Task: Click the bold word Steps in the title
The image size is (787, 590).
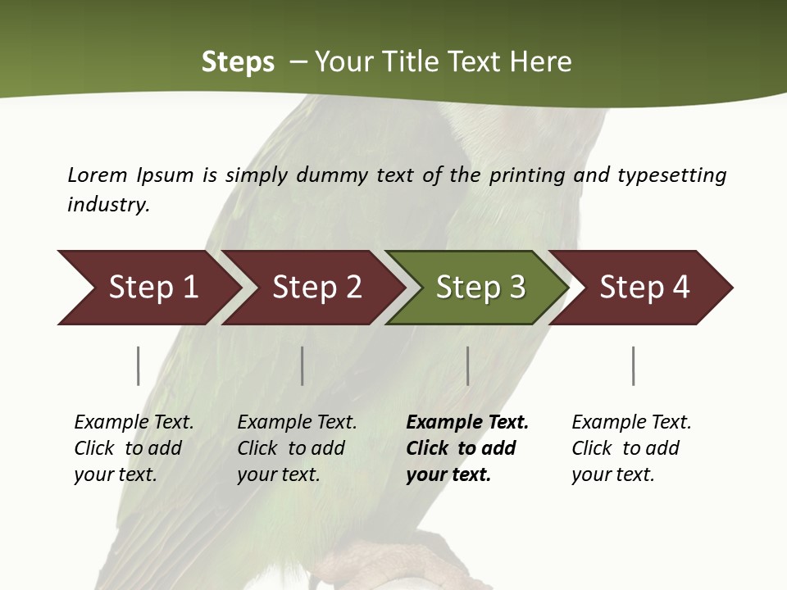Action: pos(238,62)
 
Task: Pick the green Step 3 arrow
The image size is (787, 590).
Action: pos(480,288)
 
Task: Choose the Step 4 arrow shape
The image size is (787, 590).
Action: pos(644,288)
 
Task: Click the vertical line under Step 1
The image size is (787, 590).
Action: pos(139,365)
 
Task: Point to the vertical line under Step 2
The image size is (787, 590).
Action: pos(303,365)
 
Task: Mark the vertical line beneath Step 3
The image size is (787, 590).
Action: pos(468,365)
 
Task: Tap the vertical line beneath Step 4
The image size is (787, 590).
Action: pos(634,365)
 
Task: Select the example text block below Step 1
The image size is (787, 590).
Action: pos(134,447)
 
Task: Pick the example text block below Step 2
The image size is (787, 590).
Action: pos(297,447)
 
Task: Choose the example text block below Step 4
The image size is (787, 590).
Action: pos(631,447)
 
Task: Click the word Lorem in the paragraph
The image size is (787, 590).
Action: pos(98,175)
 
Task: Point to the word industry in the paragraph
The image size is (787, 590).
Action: pos(108,204)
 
